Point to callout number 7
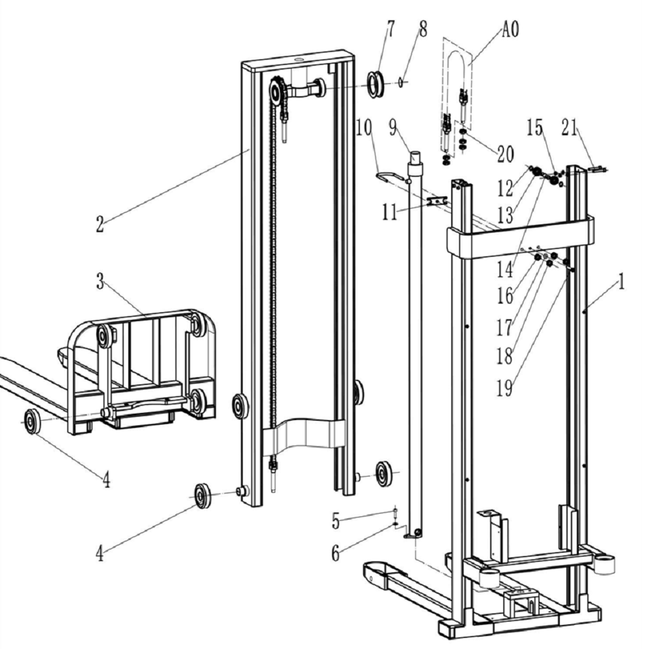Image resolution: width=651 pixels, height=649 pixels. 391,29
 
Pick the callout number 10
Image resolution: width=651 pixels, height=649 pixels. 363,127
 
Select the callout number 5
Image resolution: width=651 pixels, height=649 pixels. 336,521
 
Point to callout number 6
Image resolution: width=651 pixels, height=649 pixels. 336,553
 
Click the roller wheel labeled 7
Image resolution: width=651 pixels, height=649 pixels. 376,83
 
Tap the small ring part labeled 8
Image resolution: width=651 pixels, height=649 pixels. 402,82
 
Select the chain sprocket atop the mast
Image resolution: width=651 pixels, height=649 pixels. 278,91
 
